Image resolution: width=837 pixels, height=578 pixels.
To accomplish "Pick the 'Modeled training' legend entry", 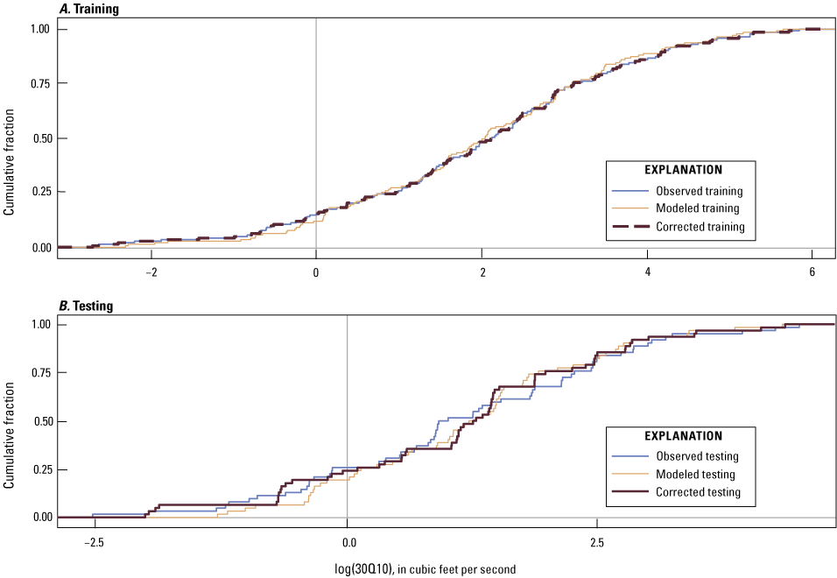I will pos(697,208).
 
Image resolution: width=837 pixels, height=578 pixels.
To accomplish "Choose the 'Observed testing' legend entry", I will pos(696,455).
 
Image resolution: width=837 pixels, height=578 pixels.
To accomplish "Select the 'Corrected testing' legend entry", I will pos(697,492).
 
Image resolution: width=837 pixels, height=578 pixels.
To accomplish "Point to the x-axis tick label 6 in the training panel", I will pos(812,271).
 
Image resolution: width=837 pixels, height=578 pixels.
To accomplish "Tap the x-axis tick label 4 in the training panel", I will pos(647,271).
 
